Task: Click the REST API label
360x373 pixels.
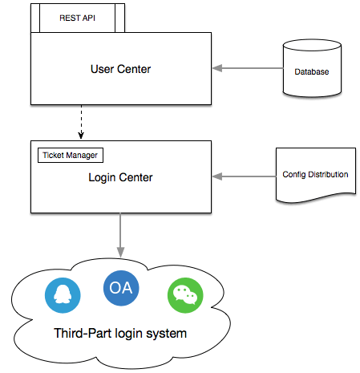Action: pyautogui.click(x=77, y=18)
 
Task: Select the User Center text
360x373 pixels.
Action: pyautogui.click(x=120, y=69)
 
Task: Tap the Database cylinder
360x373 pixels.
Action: pyautogui.click(x=312, y=68)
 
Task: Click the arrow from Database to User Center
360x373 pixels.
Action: pyautogui.click(x=248, y=68)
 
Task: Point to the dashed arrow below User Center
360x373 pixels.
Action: pyautogui.click(x=81, y=122)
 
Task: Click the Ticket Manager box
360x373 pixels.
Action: pyautogui.click(x=71, y=155)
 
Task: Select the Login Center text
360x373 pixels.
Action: pyautogui.click(x=120, y=177)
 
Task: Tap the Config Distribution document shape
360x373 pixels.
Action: pyautogui.click(x=316, y=175)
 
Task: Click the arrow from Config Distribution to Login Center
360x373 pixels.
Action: pyautogui.click(x=244, y=176)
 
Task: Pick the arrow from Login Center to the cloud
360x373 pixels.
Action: pyautogui.click(x=120, y=235)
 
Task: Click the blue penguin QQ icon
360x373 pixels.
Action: pyautogui.click(x=63, y=295)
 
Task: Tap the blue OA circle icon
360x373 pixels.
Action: pyautogui.click(x=121, y=288)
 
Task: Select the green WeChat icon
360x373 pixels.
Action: pyautogui.click(x=185, y=295)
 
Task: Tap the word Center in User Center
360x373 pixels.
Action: pyautogui.click(x=134, y=69)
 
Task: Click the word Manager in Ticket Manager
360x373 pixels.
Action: pyautogui.click(x=82, y=156)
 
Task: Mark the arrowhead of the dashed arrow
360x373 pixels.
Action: pyautogui.click(x=81, y=136)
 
